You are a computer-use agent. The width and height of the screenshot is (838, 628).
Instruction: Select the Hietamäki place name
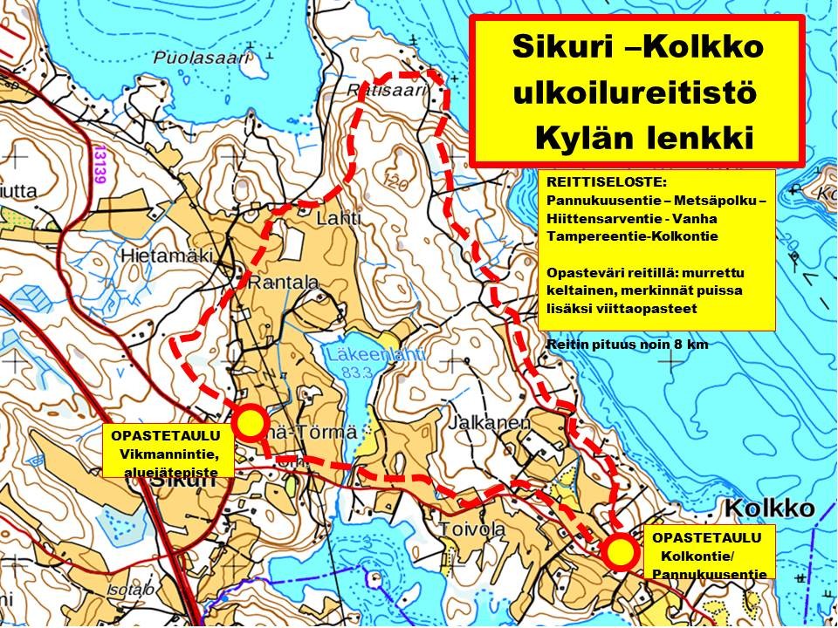click(x=154, y=256)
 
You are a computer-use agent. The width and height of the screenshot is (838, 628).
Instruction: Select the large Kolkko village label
click(x=767, y=509)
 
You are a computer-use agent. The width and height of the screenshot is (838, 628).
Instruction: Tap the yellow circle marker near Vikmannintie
click(x=251, y=422)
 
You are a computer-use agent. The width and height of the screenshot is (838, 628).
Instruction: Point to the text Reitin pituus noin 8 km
click(x=627, y=345)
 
